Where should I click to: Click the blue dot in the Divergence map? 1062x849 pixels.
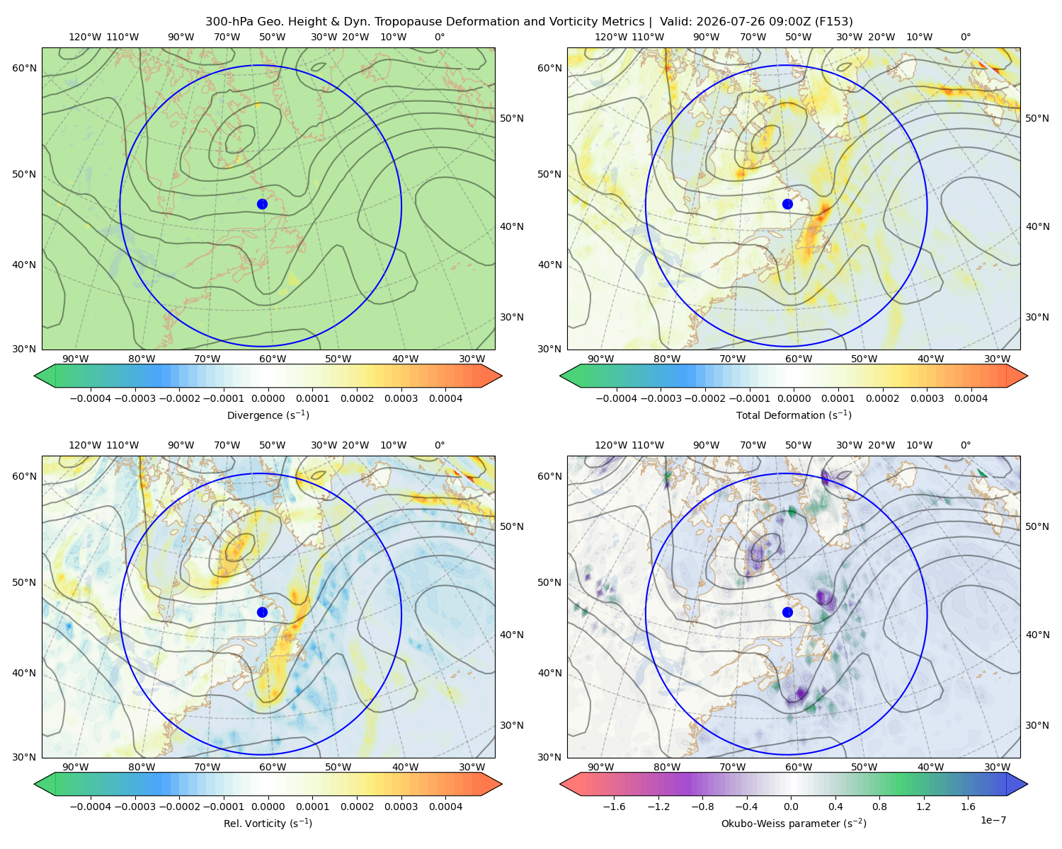point(262,204)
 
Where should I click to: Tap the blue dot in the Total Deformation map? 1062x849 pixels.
point(787,204)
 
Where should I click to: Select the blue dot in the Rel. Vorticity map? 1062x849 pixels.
point(262,612)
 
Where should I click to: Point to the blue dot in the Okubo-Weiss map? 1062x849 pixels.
point(787,612)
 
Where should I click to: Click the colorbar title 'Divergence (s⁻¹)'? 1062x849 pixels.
point(268,415)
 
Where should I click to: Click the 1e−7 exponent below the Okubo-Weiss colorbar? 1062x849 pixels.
point(993,820)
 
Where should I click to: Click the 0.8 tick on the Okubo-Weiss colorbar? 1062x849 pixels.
point(879,806)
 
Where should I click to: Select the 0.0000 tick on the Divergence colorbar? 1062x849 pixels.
point(268,398)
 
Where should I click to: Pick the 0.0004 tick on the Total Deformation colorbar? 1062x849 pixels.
point(971,398)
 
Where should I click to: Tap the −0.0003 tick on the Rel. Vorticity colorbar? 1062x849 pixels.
point(135,806)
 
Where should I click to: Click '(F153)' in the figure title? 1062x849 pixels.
point(834,22)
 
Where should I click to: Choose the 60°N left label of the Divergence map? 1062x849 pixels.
point(24,68)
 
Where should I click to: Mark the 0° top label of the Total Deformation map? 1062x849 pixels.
point(965,37)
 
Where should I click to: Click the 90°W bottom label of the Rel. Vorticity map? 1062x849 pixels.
point(76,767)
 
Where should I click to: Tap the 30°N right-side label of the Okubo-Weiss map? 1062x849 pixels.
point(1037,724)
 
